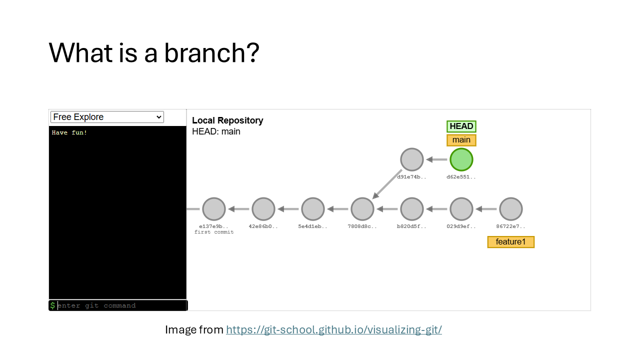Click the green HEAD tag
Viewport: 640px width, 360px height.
tap(461, 126)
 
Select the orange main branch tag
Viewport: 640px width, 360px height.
tap(461, 140)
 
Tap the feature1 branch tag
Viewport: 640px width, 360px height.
tap(510, 242)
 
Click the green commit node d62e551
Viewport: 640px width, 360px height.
tap(461, 159)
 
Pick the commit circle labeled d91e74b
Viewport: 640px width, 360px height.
tap(412, 159)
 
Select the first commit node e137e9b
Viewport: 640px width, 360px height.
tap(214, 209)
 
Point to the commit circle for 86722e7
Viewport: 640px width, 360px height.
tap(510, 209)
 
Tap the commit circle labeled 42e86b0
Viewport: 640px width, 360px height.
tap(263, 209)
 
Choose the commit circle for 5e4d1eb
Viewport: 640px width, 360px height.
tap(313, 209)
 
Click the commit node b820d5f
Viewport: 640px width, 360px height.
tap(412, 209)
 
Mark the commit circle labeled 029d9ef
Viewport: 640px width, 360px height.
tap(461, 209)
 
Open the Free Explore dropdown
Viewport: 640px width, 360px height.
tap(107, 117)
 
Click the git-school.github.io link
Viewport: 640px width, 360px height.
tap(333, 330)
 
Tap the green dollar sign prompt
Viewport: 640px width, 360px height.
tap(52, 305)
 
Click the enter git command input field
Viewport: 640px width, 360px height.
tap(120, 305)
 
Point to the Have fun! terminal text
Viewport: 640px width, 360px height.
tap(69, 132)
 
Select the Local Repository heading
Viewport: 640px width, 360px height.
tap(227, 120)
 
